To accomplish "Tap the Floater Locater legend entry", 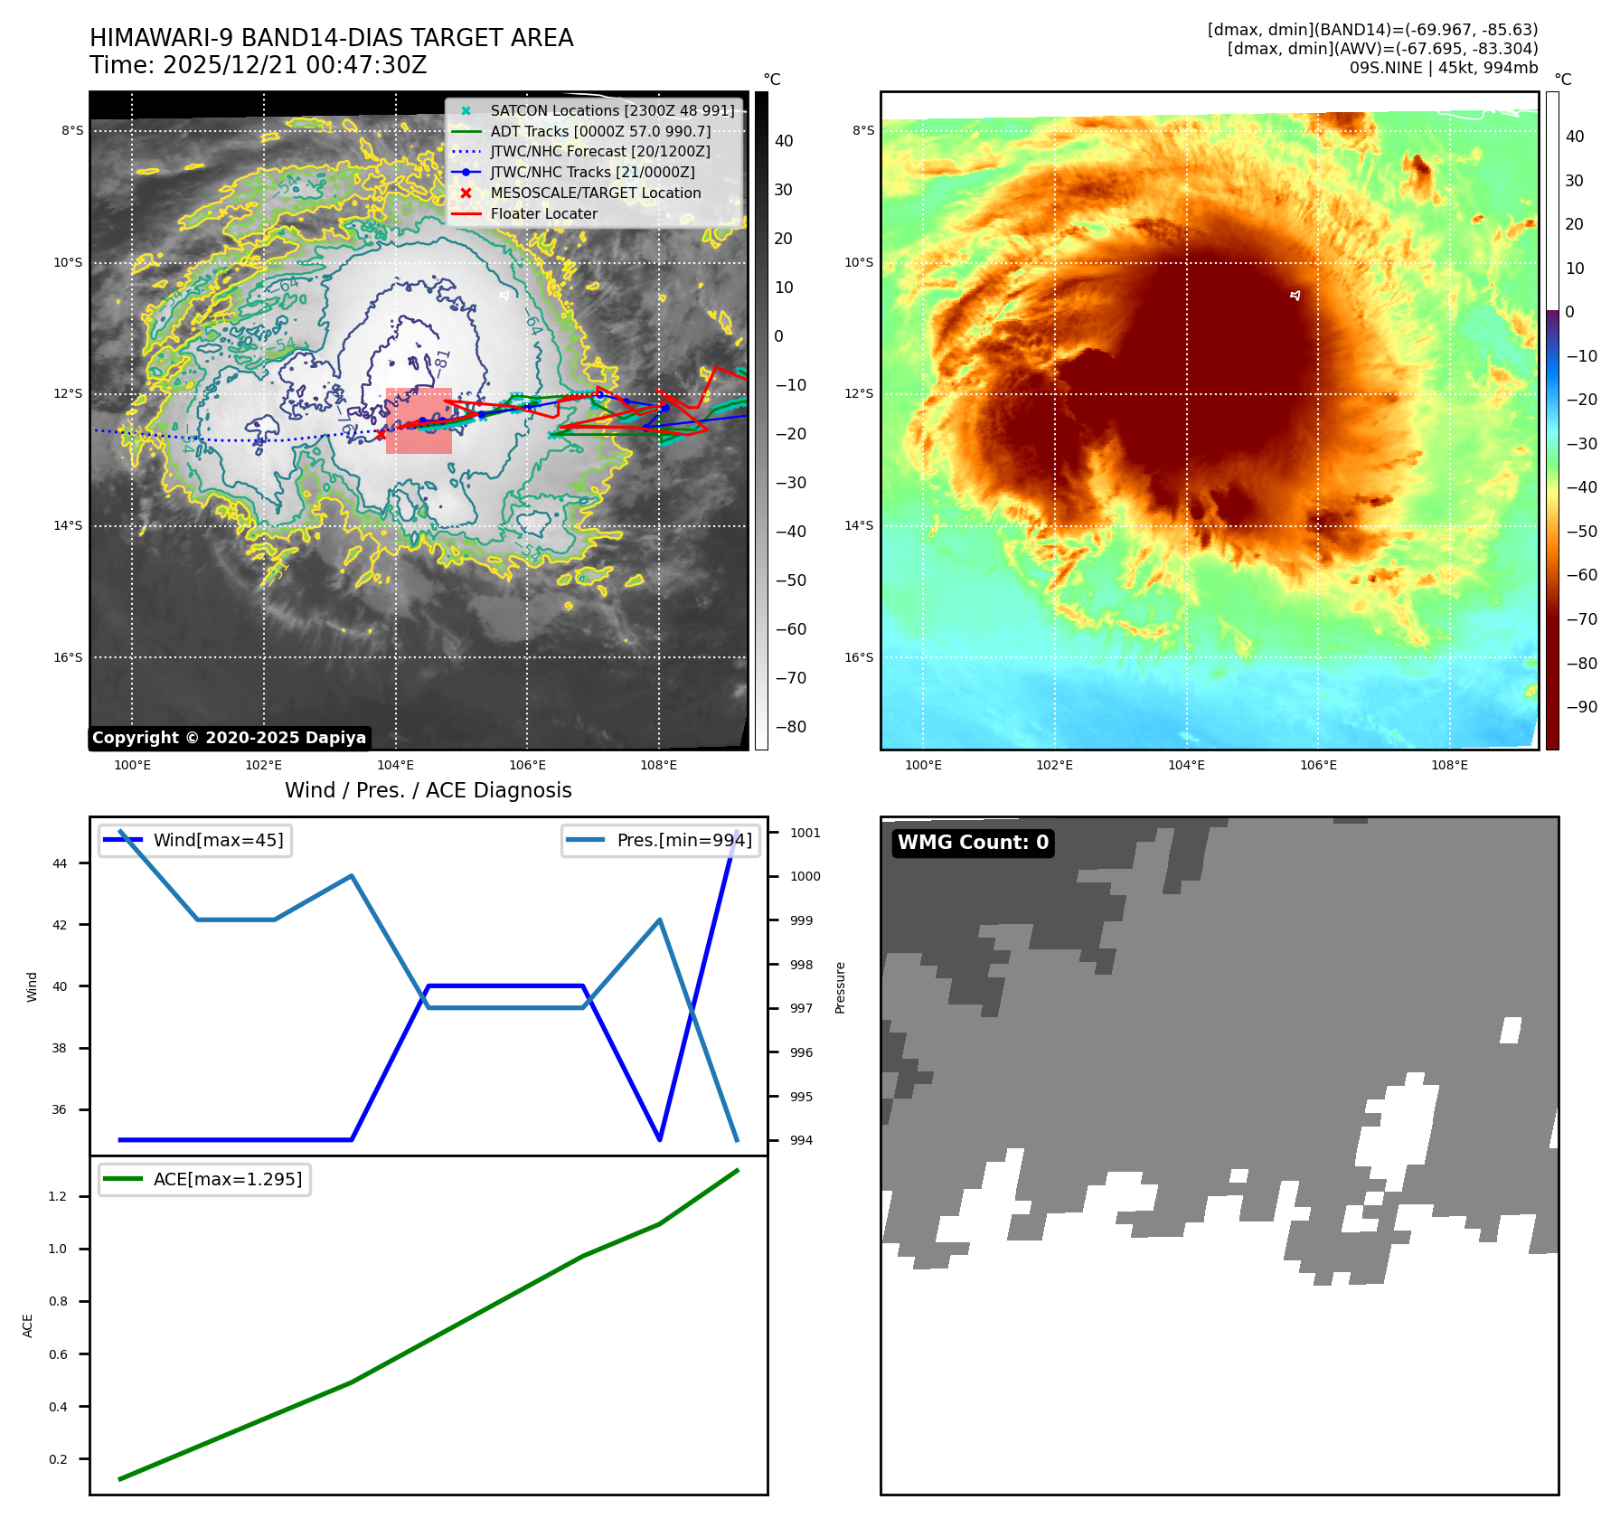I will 543,214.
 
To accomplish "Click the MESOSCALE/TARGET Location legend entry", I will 595,193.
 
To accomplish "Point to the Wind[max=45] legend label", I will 218,840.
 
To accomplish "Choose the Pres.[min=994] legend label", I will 683,840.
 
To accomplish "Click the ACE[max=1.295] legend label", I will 227,1179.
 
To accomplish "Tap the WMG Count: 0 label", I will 973,843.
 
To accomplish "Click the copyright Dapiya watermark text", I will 229,738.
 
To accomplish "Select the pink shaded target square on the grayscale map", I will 419,420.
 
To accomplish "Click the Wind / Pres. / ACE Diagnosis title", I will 428,790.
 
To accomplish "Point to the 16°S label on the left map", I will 68,657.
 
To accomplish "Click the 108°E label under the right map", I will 1449,765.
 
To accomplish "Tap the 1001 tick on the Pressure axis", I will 805,833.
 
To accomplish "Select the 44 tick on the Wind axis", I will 60,863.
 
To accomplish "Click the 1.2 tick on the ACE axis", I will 58,1196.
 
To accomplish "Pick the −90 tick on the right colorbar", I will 1581,707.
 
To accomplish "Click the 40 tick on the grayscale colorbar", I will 784,141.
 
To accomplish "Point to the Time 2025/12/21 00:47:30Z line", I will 258,65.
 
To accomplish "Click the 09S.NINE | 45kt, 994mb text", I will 1443,68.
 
